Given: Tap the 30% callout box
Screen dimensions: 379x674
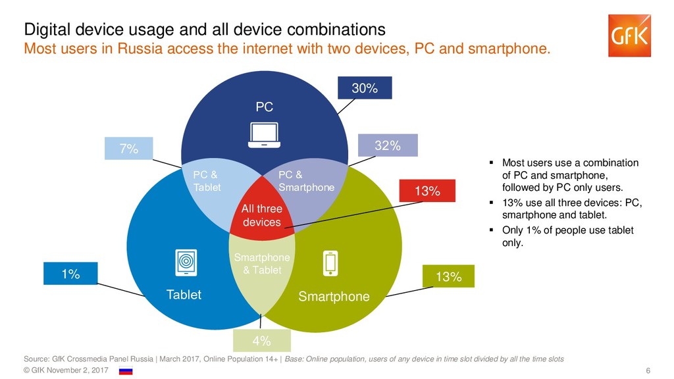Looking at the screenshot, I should (365, 88).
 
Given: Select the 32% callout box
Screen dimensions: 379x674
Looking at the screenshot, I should (388, 146).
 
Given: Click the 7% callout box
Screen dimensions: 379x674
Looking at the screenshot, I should (128, 149).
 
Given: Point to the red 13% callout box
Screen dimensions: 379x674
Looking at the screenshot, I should (427, 191).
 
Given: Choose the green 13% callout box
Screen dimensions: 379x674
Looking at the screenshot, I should (448, 277).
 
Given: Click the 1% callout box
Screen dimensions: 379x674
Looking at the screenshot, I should (70, 274).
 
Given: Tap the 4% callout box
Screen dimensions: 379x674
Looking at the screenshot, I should (261, 341).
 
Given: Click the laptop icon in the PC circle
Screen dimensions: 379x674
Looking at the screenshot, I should (263, 135).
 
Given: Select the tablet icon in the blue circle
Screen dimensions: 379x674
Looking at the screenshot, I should (186, 263).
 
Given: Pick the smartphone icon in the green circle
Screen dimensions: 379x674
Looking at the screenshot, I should (330, 263).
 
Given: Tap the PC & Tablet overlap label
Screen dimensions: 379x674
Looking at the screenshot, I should (207, 181).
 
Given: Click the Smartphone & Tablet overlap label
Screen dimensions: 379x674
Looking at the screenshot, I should (261, 264).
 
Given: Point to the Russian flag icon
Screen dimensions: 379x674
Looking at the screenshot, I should (125, 371).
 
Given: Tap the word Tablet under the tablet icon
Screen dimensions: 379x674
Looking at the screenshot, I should (184, 295).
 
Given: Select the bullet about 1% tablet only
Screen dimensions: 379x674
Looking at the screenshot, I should (566, 236).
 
